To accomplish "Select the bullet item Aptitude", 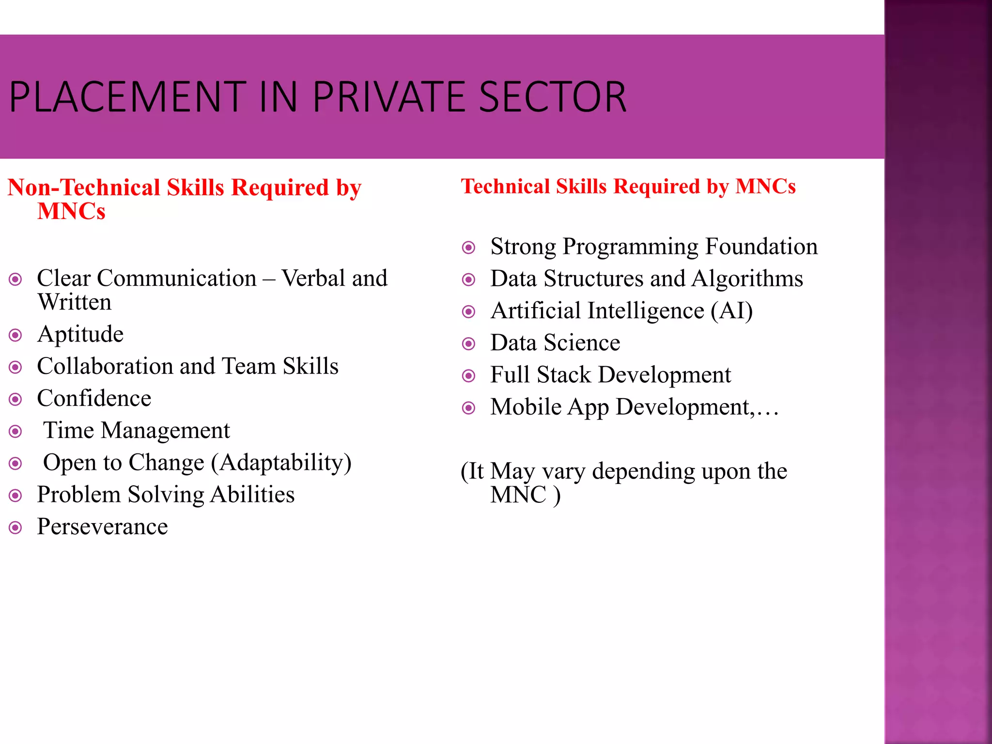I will (80, 334).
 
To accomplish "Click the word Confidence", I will (94, 398).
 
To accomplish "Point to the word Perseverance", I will (102, 527).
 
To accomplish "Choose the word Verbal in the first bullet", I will (313, 279).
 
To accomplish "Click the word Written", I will (75, 302).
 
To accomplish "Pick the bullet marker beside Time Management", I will (15, 431).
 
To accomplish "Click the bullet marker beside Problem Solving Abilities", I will (15, 496).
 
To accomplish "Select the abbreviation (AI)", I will (731, 310).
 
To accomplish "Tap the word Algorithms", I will (747, 279).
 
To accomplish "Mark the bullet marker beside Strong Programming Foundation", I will (468, 248).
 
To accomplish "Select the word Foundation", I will (761, 247).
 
